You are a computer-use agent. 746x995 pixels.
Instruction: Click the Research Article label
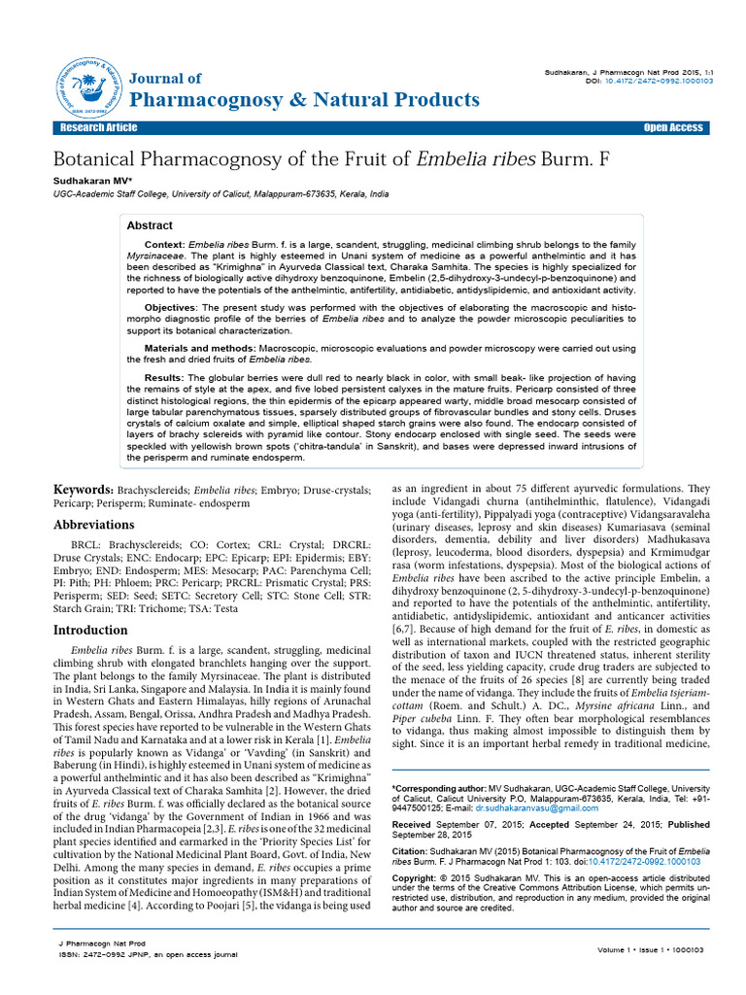click(x=98, y=128)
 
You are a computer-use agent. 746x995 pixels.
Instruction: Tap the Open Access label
click(x=672, y=128)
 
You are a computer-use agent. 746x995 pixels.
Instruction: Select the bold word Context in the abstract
click(x=164, y=243)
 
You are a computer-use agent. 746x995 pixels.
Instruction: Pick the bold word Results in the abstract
click(x=162, y=377)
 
